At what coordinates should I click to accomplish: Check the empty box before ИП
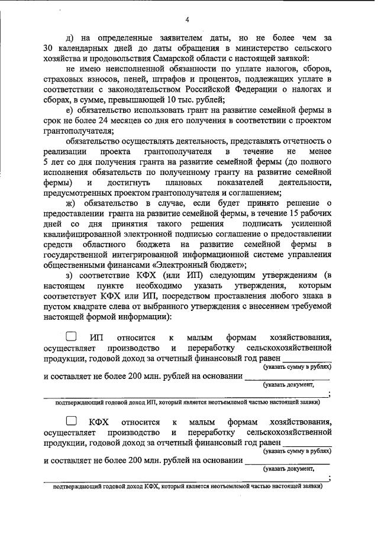point(72,336)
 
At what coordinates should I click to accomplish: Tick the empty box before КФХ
point(72,421)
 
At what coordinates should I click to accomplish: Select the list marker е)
point(70,110)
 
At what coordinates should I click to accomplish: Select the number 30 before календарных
point(50,47)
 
